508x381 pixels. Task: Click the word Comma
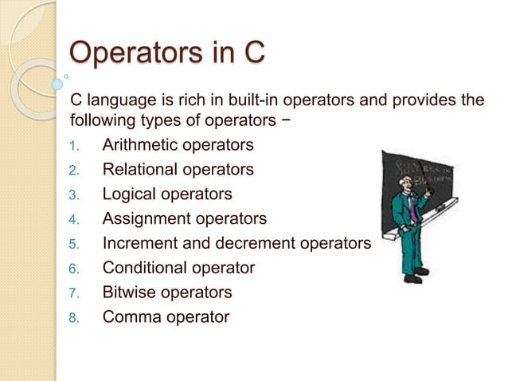[x=130, y=316]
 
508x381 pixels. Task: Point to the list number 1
[x=72, y=146]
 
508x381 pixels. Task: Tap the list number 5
[x=72, y=244]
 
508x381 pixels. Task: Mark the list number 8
[x=72, y=317]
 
